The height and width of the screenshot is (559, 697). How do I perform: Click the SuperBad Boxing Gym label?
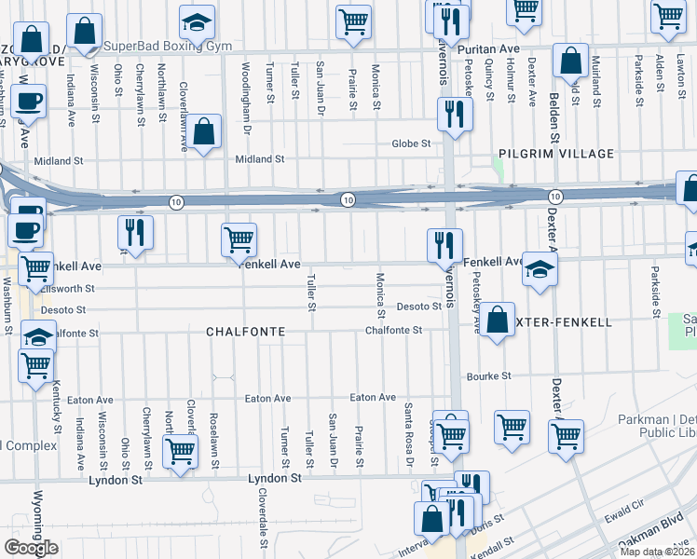coord(167,46)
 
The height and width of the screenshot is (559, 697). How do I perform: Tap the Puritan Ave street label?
coord(493,48)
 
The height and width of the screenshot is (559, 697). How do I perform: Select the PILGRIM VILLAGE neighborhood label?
coord(555,154)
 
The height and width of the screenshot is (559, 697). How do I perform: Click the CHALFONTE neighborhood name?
coord(245,332)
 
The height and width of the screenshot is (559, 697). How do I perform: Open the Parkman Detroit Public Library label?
coord(657,427)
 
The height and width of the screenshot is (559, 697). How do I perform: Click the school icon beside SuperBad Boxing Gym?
coord(197,22)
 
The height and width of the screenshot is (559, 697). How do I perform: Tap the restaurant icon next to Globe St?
coord(455,114)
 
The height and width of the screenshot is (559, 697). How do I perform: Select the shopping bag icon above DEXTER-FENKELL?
coord(499,320)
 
